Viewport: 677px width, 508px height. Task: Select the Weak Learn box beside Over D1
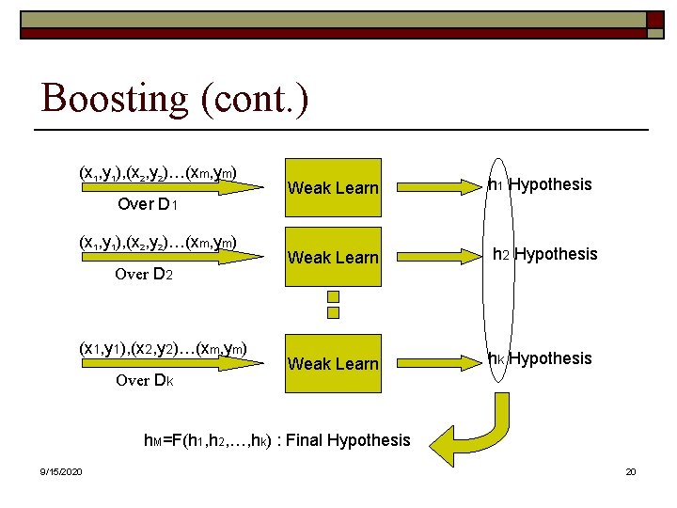coord(332,187)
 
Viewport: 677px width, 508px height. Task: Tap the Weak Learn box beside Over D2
coord(332,257)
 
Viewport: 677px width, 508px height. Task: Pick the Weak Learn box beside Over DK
coord(332,363)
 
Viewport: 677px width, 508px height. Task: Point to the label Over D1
coord(149,205)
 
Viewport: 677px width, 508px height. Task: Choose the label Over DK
coord(145,381)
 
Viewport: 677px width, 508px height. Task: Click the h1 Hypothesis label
coord(540,184)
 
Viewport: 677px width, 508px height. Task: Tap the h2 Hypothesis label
coord(543,254)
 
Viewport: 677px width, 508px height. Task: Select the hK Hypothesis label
coord(540,358)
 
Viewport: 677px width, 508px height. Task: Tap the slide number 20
coord(631,471)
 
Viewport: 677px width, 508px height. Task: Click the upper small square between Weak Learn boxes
coord(332,294)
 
